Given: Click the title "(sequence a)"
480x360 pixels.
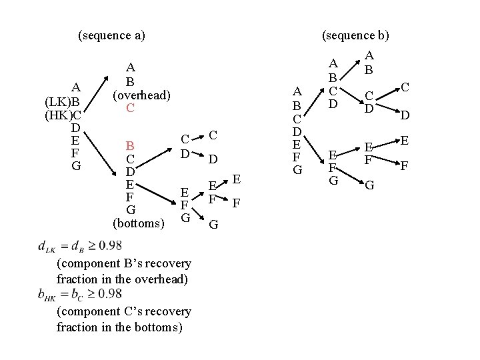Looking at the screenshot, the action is click(111, 35).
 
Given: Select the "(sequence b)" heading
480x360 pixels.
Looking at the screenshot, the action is click(355, 35).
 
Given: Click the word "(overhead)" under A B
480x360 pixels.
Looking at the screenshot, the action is click(141, 95).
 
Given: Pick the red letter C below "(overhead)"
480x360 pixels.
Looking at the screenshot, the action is click(131, 107).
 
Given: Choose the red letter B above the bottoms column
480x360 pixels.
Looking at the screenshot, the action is click(131, 146).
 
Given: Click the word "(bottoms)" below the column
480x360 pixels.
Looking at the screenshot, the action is click(138, 222).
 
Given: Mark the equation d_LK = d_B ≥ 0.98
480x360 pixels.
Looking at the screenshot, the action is click(80, 247).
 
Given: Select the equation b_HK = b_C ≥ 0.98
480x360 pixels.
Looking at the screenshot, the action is click(80, 294).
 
